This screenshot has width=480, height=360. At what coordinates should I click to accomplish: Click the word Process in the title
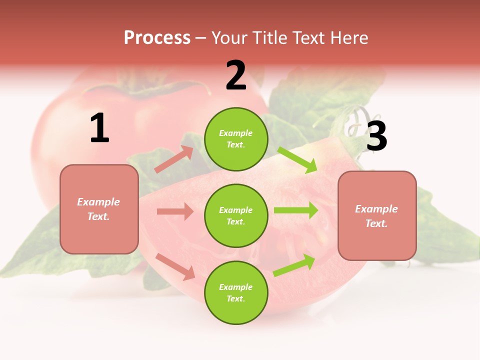pos(157,37)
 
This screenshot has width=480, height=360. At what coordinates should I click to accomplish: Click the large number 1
pos(99,128)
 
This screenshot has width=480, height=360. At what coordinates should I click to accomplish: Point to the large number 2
pos(236,75)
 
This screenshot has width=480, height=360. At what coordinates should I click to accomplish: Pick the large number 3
pos(376,136)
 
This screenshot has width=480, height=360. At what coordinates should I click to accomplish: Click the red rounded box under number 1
pos(99,209)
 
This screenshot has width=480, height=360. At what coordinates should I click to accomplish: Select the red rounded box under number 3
pos(377,216)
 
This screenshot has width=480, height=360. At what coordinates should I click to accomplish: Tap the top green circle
pos(236,139)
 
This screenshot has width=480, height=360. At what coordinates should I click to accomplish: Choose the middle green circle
pos(236,216)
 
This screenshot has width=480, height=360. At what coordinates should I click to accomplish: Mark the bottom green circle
pos(236,293)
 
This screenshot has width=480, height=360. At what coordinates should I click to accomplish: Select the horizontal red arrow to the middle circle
pos(175,211)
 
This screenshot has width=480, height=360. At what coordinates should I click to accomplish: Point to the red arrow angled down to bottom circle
pos(175,266)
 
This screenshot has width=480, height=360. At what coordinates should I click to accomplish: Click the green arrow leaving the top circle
pos(297,159)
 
